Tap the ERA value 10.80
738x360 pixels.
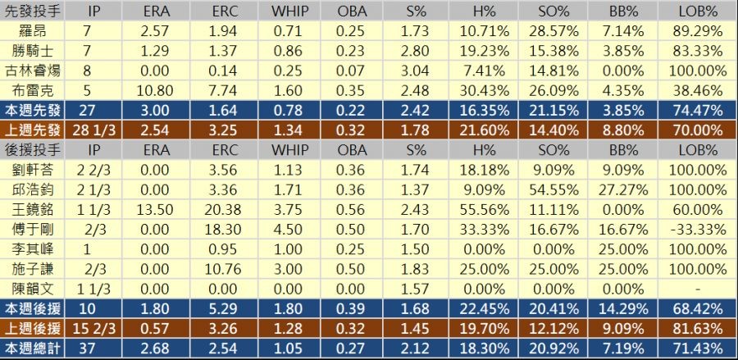156,89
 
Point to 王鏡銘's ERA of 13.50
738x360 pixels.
156,208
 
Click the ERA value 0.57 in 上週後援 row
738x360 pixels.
156,329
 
